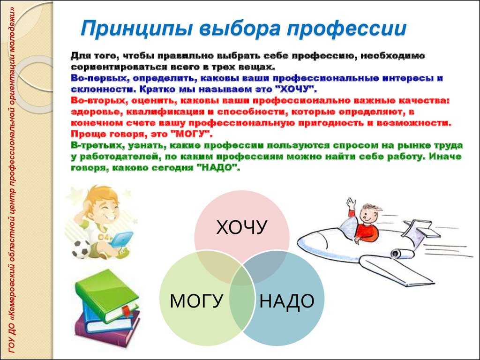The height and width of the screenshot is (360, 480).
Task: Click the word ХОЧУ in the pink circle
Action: [x=241, y=227]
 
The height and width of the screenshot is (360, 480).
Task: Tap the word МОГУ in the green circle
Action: [x=196, y=301]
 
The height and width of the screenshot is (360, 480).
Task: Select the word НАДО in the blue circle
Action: [x=287, y=301]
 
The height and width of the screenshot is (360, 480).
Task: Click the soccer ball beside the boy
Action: [x=81, y=248]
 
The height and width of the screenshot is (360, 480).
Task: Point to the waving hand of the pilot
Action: [x=351, y=203]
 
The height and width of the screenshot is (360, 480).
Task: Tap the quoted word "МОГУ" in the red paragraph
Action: [x=191, y=135]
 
